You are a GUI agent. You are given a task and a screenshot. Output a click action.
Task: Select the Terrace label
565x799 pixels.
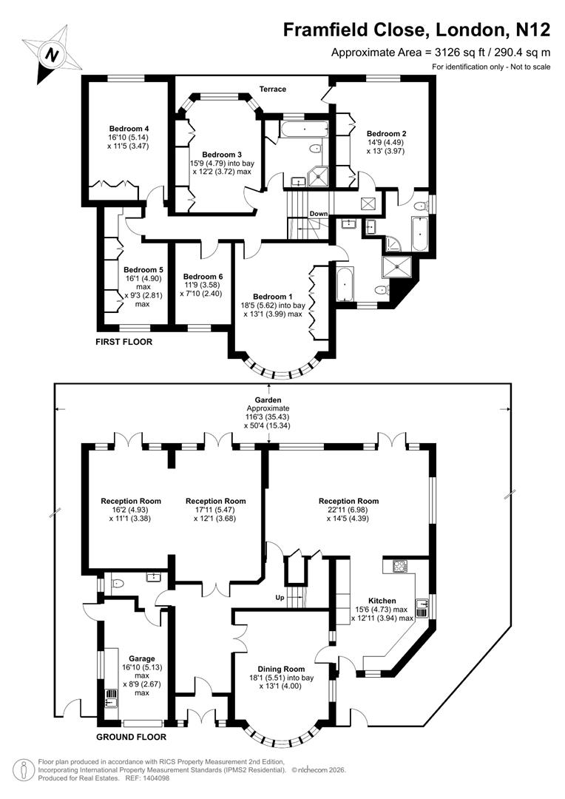(272, 90)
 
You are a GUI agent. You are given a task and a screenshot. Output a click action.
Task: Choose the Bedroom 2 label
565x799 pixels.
(387, 134)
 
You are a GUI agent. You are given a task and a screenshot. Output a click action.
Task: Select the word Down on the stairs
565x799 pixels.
(319, 214)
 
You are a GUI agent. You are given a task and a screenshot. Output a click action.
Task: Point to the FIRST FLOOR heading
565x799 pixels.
(124, 343)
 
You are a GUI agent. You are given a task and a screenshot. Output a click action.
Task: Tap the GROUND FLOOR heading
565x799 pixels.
(132, 737)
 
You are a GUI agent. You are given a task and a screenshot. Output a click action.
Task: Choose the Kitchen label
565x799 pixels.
(382, 601)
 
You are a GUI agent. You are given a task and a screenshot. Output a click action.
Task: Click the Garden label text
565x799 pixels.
(269, 399)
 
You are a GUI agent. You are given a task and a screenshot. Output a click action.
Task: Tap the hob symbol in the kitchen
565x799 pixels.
(400, 567)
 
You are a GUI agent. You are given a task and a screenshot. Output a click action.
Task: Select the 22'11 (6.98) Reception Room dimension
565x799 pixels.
(348, 510)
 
